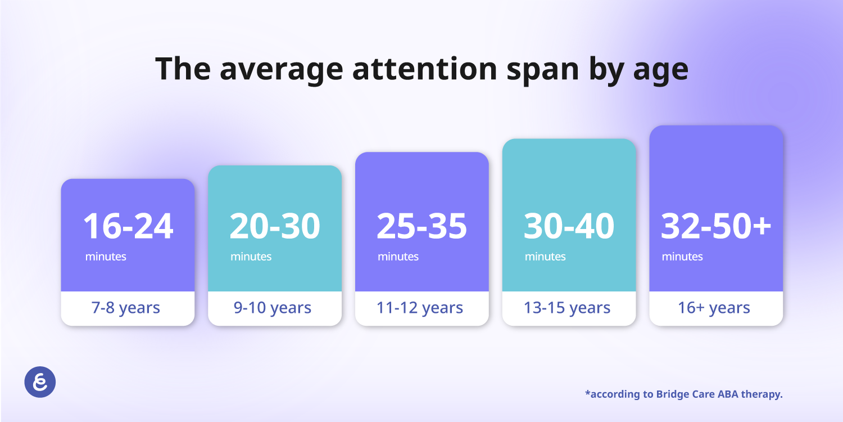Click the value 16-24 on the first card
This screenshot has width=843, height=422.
tap(128, 226)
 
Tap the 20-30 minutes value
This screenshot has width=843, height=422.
tap(275, 226)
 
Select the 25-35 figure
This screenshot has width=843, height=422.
tap(422, 226)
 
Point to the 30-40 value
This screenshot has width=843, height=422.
tap(569, 226)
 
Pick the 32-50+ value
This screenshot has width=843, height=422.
tap(716, 226)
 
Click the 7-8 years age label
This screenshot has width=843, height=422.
tap(126, 308)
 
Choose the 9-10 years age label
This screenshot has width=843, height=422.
tap(273, 308)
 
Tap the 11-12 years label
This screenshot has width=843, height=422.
tap(420, 308)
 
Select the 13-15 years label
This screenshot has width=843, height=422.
tap(567, 308)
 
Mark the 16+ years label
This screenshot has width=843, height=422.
tap(714, 308)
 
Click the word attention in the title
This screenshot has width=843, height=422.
tap(425, 69)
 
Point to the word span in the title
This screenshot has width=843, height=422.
tap(543, 71)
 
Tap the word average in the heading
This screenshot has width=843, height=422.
tap(282, 71)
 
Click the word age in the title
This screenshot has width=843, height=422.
tap(661, 71)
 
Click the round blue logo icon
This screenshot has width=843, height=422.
tap(40, 382)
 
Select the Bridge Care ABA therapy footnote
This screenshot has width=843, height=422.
tap(684, 394)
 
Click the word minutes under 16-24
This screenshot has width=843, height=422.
tap(106, 257)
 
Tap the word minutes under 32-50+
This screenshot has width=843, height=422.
tap(682, 257)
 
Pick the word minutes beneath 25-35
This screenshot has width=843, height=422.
tap(398, 257)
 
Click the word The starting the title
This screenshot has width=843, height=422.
tap(183, 69)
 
